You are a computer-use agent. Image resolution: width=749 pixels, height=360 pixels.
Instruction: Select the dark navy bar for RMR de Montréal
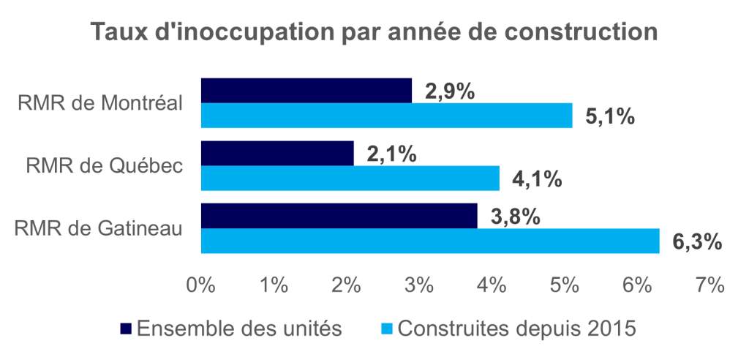(x=306, y=90)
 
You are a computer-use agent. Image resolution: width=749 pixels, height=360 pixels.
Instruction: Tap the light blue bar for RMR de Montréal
(x=386, y=116)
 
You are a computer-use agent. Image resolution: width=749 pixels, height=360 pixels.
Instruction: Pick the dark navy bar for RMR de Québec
(x=276, y=154)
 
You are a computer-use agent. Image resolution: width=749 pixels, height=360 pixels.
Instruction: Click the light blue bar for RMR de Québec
(x=350, y=178)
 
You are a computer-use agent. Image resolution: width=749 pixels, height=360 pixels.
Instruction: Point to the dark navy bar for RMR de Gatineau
(x=339, y=217)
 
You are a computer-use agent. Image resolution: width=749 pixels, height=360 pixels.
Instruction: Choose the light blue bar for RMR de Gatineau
(x=430, y=241)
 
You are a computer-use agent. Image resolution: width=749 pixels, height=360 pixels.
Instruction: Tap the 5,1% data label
(x=609, y=116)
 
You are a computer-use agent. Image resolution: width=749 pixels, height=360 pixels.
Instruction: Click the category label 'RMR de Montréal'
(x=99, y=103)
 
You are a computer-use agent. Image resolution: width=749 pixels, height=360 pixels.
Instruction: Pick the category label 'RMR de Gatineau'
(x=98, y=228)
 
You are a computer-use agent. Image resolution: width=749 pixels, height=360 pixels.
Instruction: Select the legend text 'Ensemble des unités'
(x=238, y=329)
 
